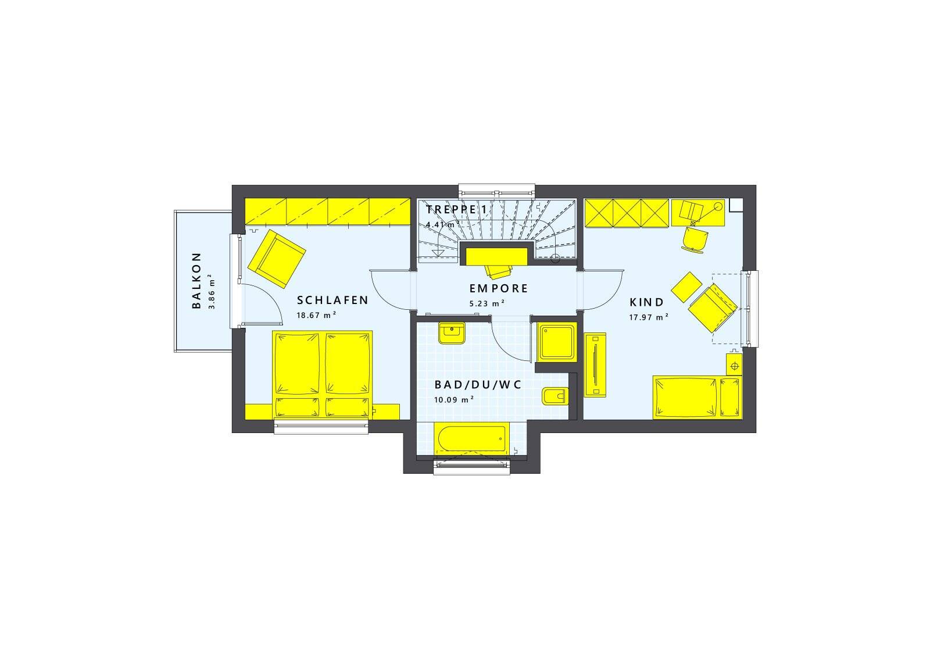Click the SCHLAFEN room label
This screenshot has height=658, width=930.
[x=332, y=300]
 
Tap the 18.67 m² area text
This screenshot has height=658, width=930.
[x=316, y=315]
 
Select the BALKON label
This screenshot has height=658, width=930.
[x=196, y=281]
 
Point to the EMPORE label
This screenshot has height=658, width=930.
[x=499, y=288]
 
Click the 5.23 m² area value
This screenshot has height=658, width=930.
[x=487, y=303]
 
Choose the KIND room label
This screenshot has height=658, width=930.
[x=646, y=302]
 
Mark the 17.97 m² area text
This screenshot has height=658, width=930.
[x=649, y=317]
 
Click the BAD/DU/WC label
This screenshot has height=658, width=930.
[x=478, y=385]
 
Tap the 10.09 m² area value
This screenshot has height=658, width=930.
[x=454, y=400]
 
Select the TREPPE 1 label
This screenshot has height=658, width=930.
[x=457, y=210]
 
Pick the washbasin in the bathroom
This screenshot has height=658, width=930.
[x=452, y=333]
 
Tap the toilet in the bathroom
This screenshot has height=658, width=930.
[x=555, y=396]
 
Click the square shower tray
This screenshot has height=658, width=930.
[x=557, y=342]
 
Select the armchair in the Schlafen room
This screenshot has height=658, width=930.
[x=277, y=259]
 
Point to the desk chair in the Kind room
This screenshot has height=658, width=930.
[x=694, y=239]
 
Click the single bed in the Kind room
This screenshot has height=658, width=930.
[x=697, y=397]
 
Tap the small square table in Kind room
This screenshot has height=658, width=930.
[x=686, y=287]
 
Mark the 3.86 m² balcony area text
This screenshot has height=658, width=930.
[x=212, y=291]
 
